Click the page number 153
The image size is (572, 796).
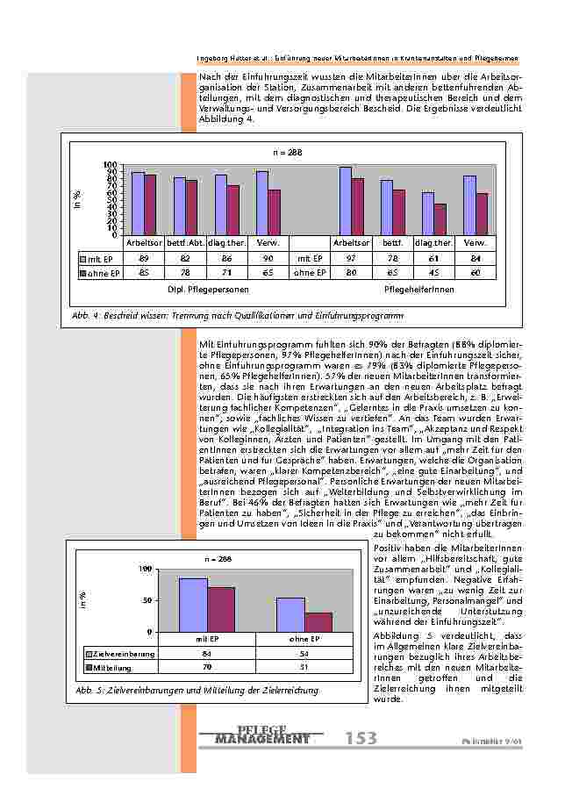[x=361, y=739]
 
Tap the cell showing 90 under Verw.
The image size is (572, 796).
[x=262, y=259]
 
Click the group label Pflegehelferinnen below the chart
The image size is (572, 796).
[x=419, y=288]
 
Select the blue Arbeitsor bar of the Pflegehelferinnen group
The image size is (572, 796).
[x=346, y=201]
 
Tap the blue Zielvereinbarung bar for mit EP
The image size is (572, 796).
[x=193, y=605]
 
